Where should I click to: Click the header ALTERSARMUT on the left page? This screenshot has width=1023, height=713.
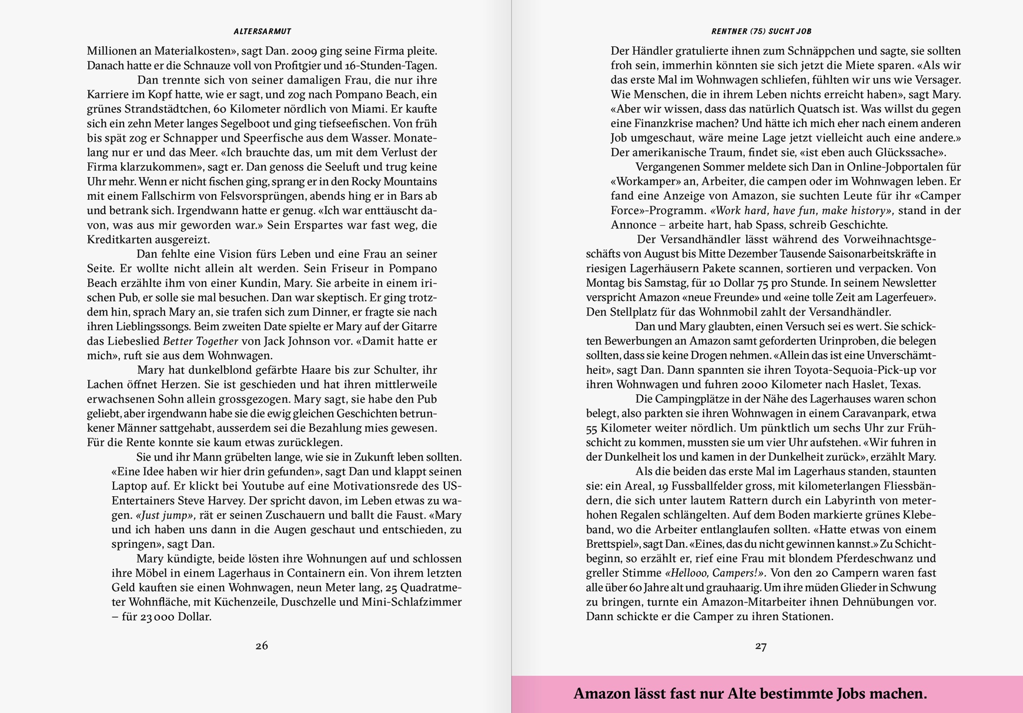click(262, 31)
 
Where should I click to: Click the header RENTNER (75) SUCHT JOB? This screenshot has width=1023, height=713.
click(761, 31)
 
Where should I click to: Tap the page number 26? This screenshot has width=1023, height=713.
click(262, 646)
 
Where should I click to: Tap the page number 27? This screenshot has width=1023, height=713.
click(761, 646)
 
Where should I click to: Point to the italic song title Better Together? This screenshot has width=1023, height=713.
click(200, 341)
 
